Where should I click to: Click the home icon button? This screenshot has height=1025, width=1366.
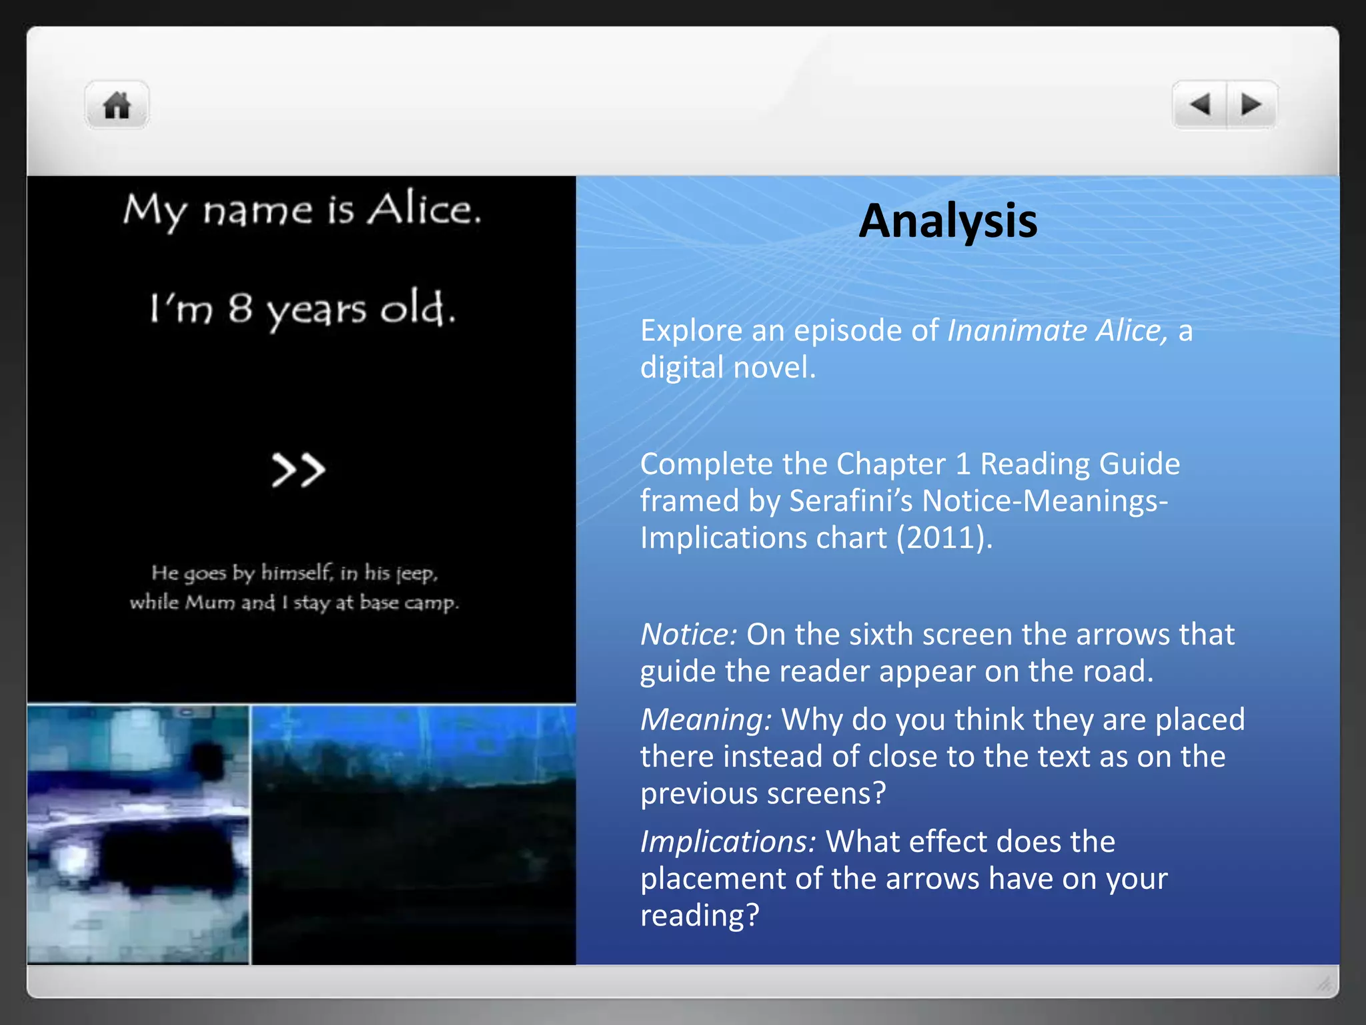click(x=117, y=105)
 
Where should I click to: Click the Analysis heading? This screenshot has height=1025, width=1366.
click(x=947, y=221)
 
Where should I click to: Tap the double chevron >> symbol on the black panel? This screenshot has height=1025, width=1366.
click(x=298, y=470)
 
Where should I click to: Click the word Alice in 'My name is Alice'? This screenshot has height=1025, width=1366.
click(x=424, y=210)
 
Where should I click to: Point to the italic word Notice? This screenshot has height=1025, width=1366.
click(x=688, y=635)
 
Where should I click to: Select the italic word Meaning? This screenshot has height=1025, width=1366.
click(x=706, y=720)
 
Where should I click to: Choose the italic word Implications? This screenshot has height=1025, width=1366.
click(x=728, y=842)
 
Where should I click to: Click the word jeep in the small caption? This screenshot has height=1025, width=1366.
click(x=416, y=574)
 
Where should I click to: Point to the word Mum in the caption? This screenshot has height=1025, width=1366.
click(x=210, y=603)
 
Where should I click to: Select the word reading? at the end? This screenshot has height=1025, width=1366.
click(x=700, y=916)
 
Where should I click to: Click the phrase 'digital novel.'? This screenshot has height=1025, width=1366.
click(x=728, y=368)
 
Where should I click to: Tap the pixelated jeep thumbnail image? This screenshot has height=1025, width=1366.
click(x=138, y=834)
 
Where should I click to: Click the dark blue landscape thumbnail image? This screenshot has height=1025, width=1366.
click(x=414, y=834)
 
